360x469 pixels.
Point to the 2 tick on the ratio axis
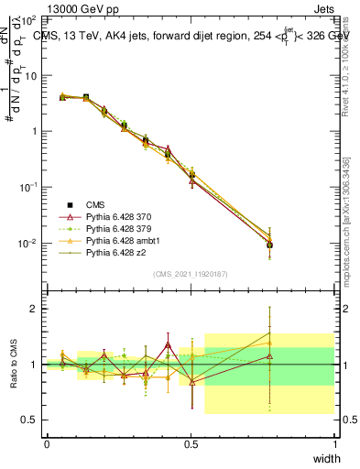[36, 309]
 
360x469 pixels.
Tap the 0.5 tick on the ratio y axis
[31, 420]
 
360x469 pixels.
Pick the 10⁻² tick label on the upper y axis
[28, 243]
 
